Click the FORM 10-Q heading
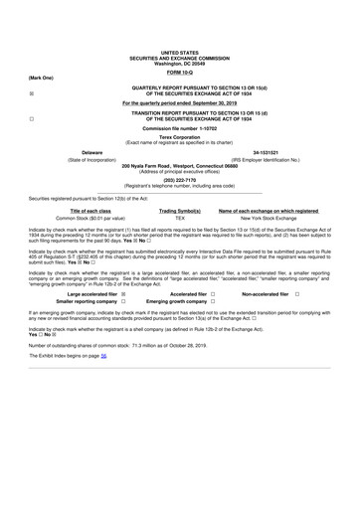179,73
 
